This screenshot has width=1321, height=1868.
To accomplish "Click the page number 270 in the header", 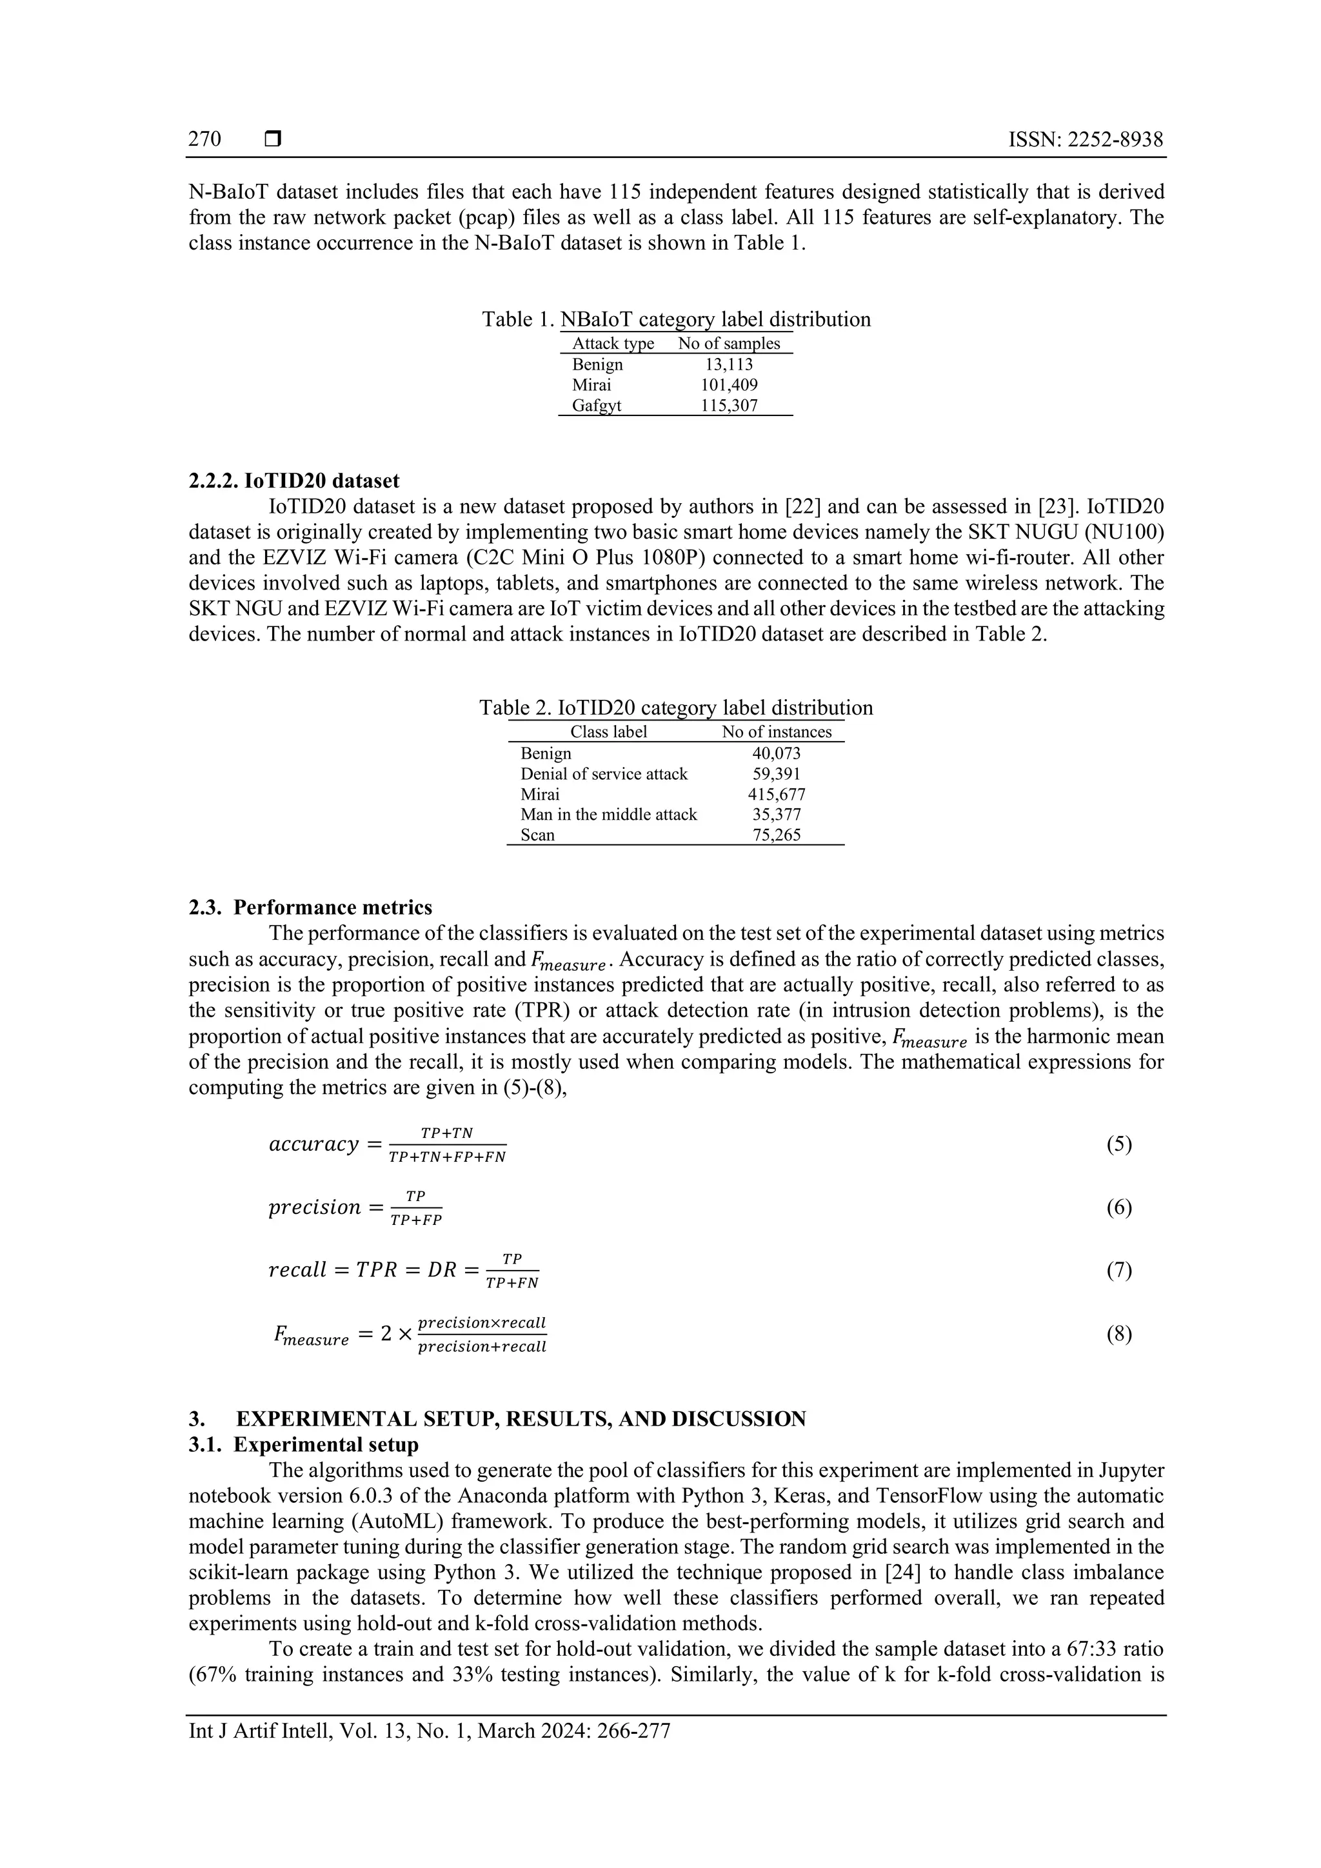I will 204,140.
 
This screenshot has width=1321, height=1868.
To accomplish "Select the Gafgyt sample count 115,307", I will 729,405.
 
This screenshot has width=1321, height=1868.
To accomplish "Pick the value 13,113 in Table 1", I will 729,364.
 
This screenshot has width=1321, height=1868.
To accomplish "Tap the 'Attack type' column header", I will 613,343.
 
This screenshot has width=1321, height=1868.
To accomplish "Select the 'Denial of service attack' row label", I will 604,774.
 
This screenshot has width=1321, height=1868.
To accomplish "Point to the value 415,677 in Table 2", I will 776,794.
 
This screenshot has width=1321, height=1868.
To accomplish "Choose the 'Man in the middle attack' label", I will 608,815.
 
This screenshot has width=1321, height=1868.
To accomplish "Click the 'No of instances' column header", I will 776,731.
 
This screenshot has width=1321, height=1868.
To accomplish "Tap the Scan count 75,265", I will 776,835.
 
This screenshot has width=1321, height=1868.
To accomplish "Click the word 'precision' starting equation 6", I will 314,1207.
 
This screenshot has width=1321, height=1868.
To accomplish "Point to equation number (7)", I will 1118,1270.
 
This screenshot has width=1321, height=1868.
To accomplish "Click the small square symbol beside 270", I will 272,140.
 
